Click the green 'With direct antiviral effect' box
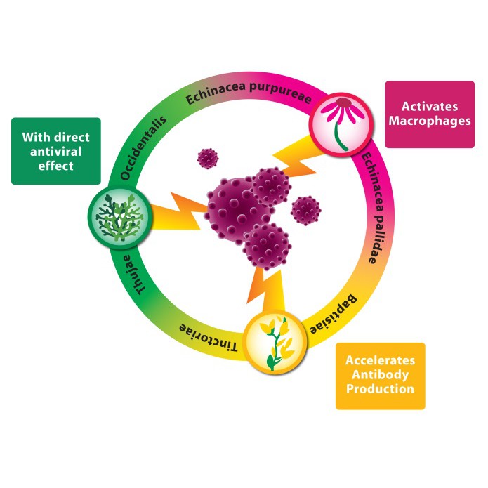56,151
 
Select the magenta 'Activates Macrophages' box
429,114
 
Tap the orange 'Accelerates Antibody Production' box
380,376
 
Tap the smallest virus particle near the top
208,158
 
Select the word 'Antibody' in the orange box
380,376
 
